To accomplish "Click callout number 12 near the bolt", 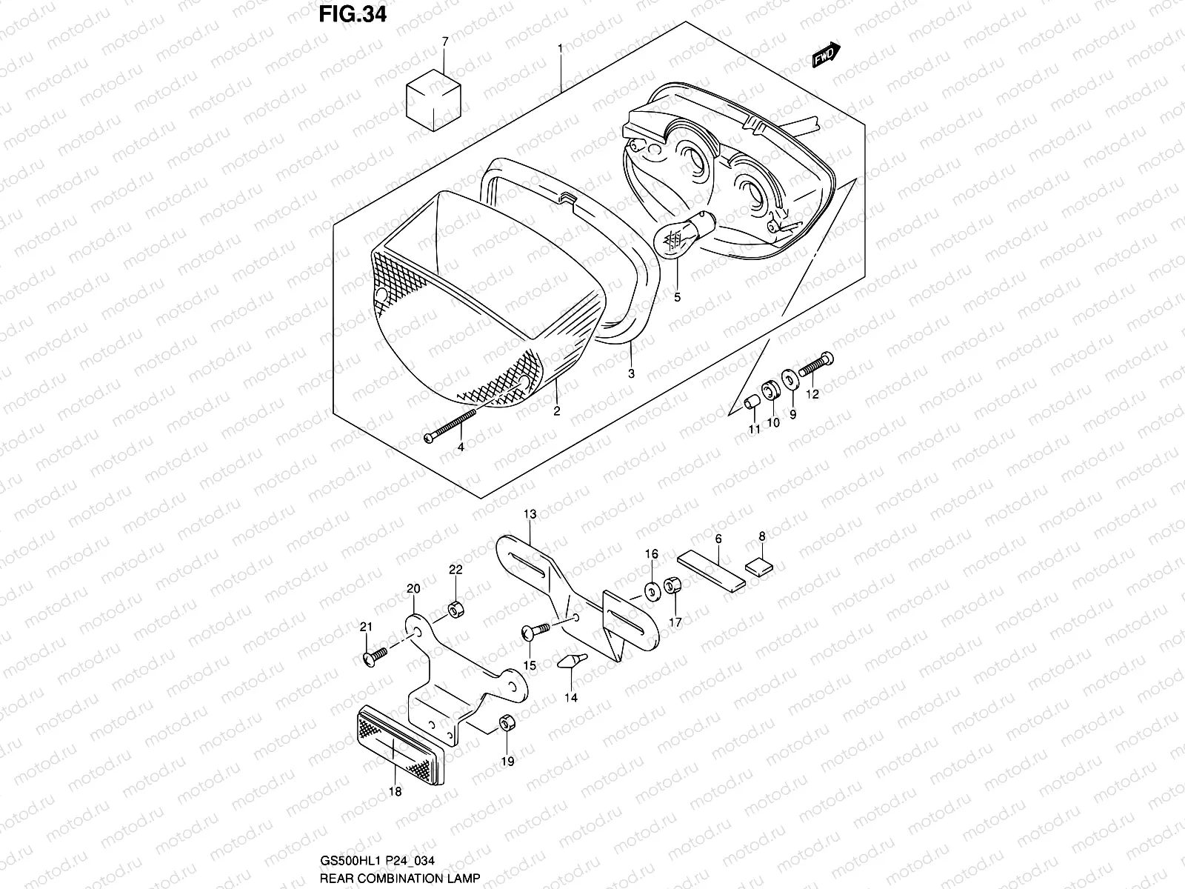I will coord(812,394).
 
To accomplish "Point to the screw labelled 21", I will coord(375,656).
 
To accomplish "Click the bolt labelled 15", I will coord(537,630).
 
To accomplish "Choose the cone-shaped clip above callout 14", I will coord(570,660).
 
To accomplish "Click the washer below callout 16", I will coord(652,591).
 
